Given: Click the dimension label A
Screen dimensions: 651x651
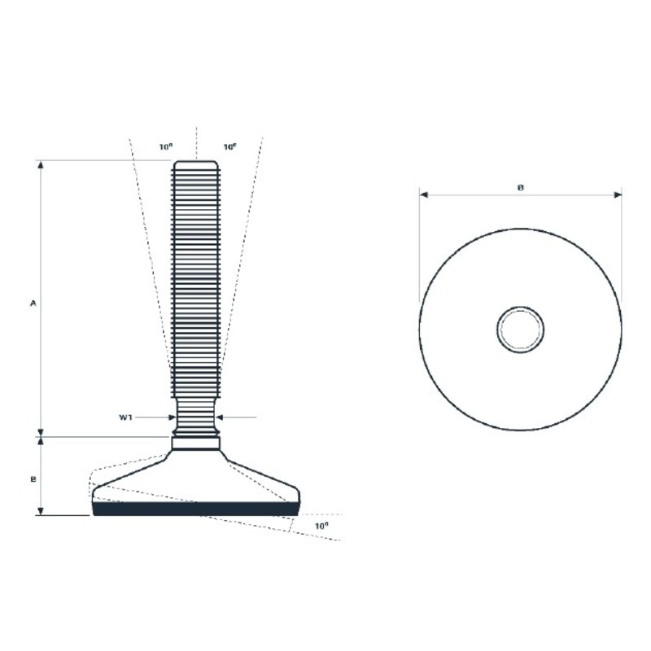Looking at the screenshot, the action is [33, 304].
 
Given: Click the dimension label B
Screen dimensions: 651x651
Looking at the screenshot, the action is [33, 479].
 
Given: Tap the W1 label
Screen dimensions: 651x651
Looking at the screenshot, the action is [125, 417].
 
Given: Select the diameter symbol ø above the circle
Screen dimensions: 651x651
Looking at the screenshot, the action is [521, 188].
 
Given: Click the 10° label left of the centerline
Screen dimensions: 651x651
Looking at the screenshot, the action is [166, 147].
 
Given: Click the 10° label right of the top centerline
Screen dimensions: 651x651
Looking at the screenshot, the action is [230, 147].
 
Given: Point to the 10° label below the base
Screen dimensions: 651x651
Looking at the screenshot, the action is [321, 526].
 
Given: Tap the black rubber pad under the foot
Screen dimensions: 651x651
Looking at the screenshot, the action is [195, 509].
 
